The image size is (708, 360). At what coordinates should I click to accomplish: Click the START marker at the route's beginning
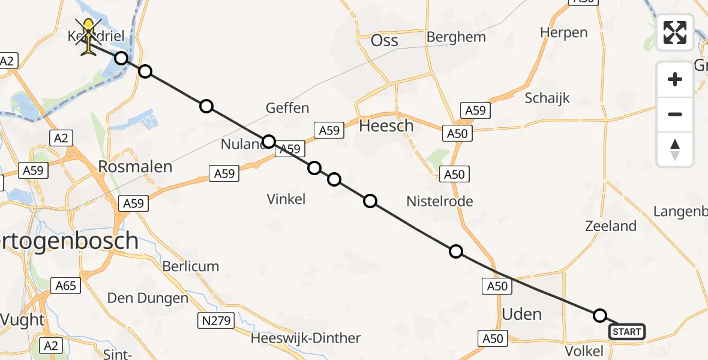(627, 332)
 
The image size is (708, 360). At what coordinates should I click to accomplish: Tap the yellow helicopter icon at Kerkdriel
(89, 37)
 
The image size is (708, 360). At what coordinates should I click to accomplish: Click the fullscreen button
(675, 32)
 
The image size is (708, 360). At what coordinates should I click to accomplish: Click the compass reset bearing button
(675, 149)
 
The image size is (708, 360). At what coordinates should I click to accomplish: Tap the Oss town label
(385, 40)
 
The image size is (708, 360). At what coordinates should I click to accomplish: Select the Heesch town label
(386, 126)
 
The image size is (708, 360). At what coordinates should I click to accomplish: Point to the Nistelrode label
(439, 201)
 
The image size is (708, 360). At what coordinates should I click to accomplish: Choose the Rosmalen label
(136, 166)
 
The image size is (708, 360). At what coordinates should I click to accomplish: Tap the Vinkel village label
(286, 199)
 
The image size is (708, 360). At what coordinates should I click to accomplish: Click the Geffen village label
(288, 108)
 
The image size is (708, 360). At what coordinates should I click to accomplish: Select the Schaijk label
(547, 98)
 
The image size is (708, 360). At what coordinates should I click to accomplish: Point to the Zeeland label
(611, 226)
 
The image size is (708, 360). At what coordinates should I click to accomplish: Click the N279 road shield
(216, 321)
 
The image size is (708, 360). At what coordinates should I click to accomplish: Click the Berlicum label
(191, 266)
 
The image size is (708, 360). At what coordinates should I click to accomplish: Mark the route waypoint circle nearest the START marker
(600, 316)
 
